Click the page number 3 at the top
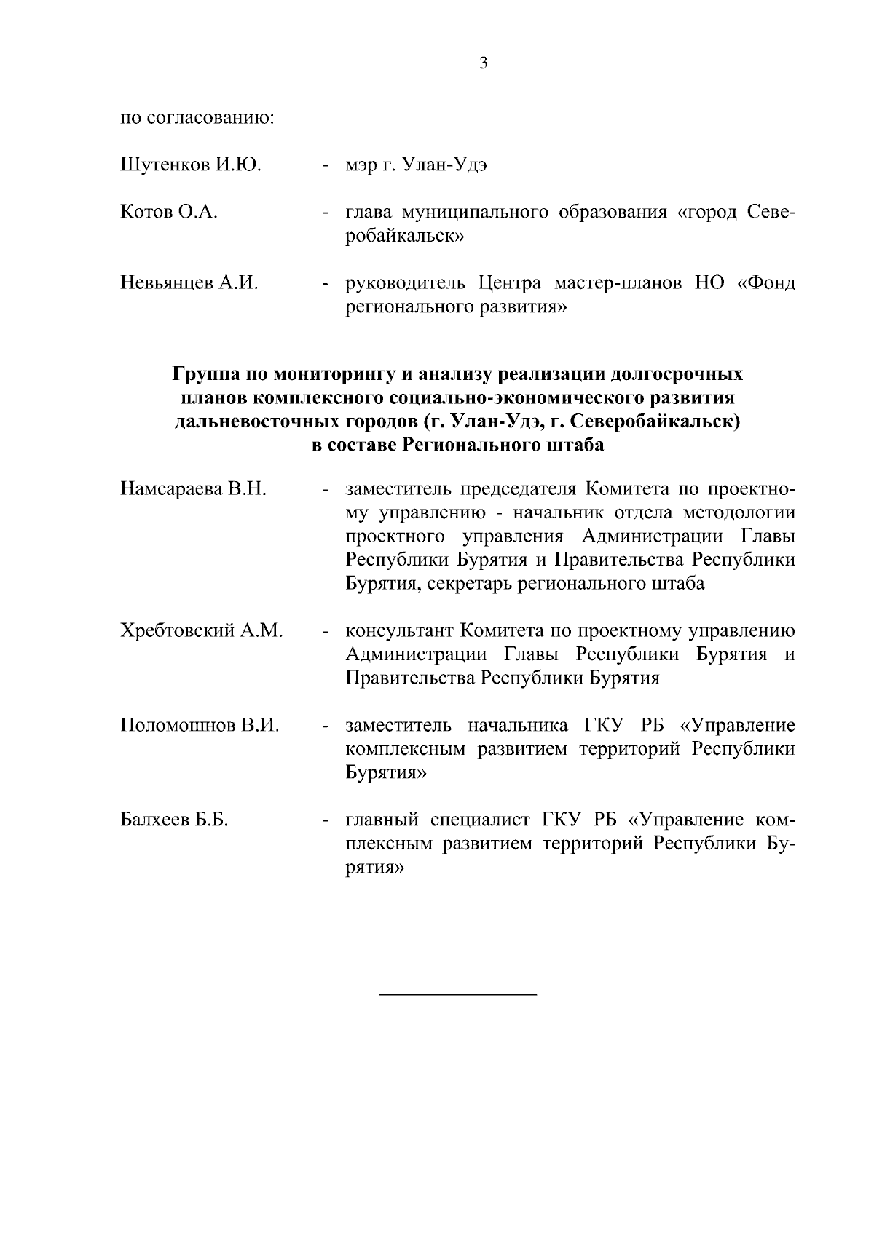point(484,63)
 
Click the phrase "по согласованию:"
point(197,117)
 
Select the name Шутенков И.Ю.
point(191,165)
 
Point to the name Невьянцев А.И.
point(189,283)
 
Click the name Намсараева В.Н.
point(194,489)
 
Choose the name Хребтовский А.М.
point(201,630)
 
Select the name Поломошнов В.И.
point(200,725)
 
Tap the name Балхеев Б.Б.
point(174,820)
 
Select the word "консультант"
point(399,630)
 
